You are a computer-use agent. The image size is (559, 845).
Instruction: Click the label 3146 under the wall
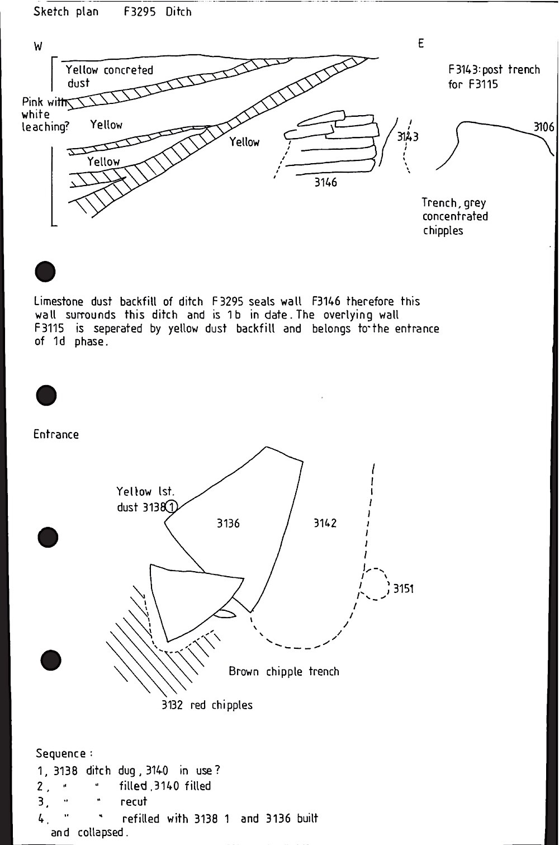(325, 182)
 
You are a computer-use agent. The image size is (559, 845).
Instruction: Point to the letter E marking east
(420, 44)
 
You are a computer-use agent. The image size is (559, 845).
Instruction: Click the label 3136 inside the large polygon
(228, 524)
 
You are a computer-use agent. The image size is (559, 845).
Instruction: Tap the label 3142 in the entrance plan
(325, 524)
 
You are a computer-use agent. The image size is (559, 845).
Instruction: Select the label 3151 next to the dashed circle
(403, 588)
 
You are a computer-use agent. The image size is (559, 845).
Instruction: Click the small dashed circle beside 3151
(376, 584)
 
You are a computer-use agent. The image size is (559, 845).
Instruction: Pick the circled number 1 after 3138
(172, 507)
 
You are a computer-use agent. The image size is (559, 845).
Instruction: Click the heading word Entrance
(56, 434)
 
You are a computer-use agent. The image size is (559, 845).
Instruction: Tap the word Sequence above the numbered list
(60, 753)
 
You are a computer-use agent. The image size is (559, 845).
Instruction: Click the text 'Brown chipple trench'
(284, 671)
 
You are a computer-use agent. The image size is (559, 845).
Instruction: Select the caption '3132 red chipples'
(207, 705)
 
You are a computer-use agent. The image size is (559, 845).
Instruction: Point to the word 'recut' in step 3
(134, 801)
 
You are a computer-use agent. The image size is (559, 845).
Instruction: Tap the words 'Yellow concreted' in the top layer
(110, 70)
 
